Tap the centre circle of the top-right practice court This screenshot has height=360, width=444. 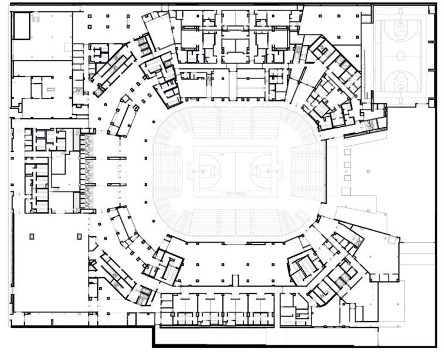[401, 56]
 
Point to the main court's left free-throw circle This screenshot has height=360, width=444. [212, 172]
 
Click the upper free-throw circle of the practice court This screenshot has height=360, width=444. [401, 33]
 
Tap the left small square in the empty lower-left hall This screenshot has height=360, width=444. [32, 236]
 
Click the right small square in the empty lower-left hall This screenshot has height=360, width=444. [79, 236]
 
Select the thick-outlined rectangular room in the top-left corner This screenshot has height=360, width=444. [21, 26]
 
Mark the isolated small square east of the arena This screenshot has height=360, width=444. [368, 172]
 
